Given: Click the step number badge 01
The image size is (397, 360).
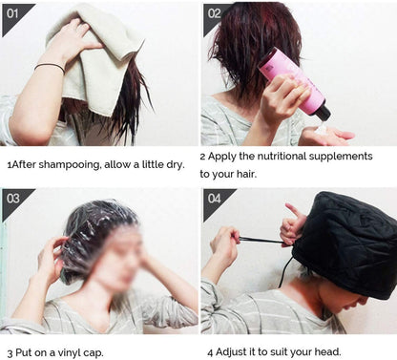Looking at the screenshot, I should click(x=13, y=13).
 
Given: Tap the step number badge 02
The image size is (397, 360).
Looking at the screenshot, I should click(x=214, y=13).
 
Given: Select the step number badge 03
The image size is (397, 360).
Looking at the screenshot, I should click(x=13, y=200).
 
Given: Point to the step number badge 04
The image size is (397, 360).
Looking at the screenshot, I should click(x=214, y=200).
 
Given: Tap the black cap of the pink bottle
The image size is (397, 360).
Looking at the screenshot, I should click(x=322, y=111).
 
